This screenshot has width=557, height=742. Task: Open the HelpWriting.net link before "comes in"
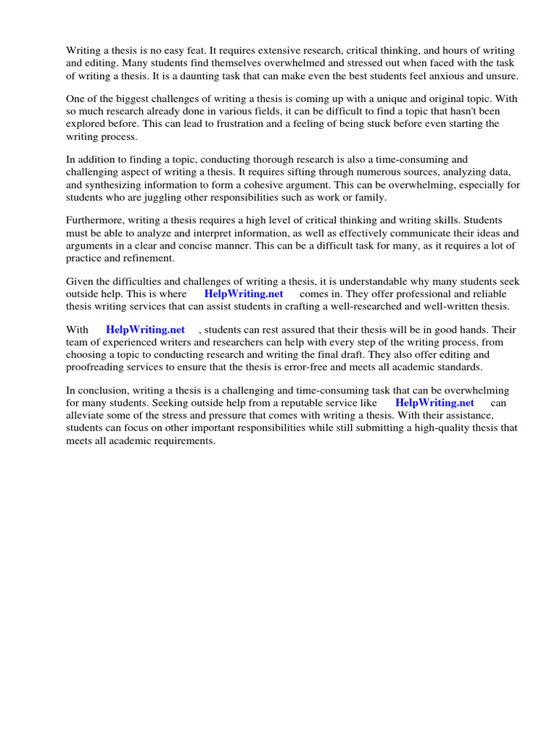click(244, 293)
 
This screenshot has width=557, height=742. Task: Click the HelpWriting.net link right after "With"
click(145, 329)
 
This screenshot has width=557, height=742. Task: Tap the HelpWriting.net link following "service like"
click(434, 403)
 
